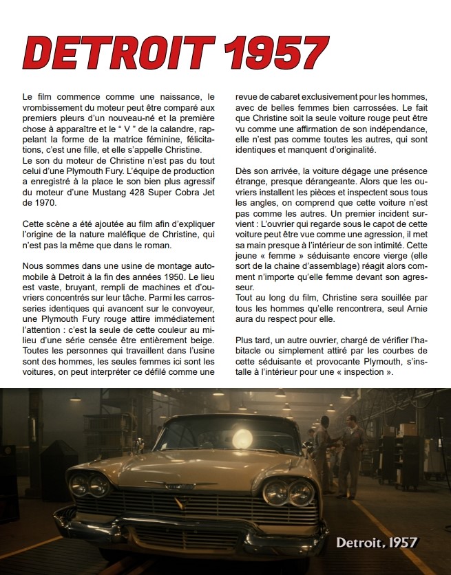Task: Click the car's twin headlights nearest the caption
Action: coord(289,491)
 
